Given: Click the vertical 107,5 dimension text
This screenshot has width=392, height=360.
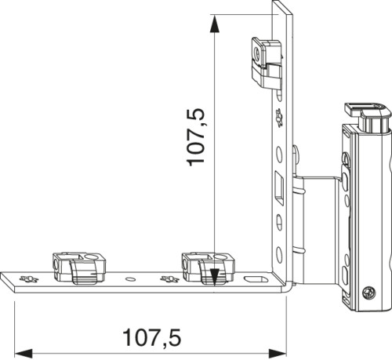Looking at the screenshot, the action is click(x=195, y=137).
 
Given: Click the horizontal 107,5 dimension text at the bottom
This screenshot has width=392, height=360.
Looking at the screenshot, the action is click(x=151, y=337).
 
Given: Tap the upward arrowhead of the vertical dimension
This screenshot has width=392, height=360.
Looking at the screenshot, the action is click(x=214, y=24).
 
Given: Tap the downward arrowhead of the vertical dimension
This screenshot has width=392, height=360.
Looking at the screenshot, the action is click(x=214, y=277).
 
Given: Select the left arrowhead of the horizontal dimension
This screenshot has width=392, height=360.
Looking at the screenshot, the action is click(x=24, y=354).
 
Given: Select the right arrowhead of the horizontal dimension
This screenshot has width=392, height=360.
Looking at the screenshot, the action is click(x=278, y=354).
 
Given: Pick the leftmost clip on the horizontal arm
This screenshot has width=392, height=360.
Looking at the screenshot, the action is click(x=79, y=267).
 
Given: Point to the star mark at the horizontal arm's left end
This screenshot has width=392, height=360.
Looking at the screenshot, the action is click(x=29, y=279).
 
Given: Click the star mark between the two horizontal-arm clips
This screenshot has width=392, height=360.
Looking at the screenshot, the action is click(x=169, y=279).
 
